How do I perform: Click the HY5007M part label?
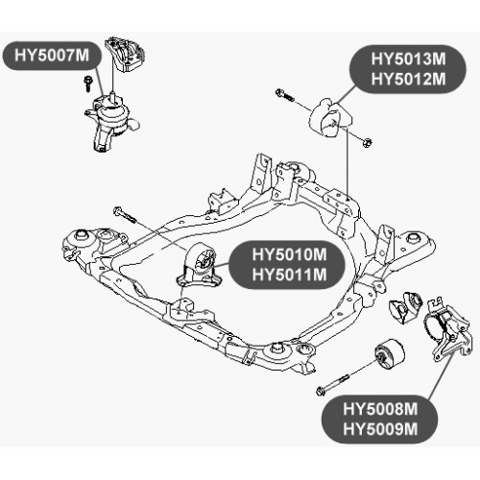52,56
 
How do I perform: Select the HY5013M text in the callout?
408,60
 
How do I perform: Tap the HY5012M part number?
408,79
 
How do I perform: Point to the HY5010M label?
289,255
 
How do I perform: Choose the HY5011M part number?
289,275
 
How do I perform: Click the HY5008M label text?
380,409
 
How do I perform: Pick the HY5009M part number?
380,429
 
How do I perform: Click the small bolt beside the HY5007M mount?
86,84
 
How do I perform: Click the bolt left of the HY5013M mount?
285,95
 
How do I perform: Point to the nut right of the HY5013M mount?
368,142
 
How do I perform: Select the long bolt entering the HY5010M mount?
125,215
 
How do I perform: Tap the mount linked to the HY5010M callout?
199,265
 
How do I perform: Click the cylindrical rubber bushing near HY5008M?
390,354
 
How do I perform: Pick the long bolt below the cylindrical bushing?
332,385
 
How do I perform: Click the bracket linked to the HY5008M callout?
448,329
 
